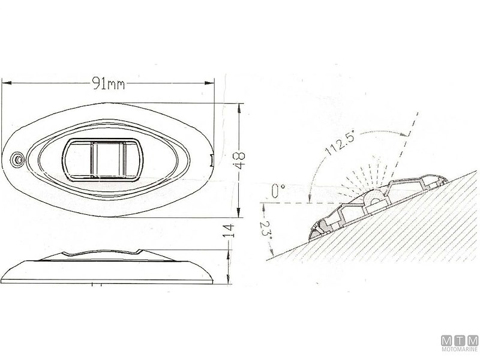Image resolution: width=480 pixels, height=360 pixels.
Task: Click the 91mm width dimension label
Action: tap(109, 83)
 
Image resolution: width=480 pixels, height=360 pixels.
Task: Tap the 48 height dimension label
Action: tap(239, 160)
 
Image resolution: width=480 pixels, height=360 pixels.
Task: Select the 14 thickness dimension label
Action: tap(229, 231)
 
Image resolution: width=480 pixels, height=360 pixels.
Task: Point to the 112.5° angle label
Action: tap(340, 143)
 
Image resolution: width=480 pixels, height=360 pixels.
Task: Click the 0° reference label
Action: tap(278, 191)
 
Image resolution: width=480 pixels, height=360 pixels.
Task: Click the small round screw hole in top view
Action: tap(17, 160)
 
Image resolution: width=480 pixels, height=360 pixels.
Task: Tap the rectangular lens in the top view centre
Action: tap(103, 160)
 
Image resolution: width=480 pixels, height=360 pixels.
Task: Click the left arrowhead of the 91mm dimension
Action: tap(6, 83)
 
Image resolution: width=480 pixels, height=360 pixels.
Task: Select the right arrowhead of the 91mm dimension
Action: tap(209, 83)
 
